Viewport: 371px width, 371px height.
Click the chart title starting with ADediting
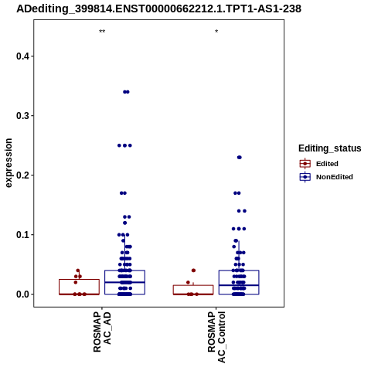(x=158, y=9)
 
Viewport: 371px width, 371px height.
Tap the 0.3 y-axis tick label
(x=22, y=116)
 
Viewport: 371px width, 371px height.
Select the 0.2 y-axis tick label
(x=22, y=175)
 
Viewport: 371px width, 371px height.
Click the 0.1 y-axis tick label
(x=22, y=235)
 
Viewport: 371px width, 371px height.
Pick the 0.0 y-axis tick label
(x=22, y=294)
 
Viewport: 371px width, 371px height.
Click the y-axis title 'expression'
(x=9, y=163)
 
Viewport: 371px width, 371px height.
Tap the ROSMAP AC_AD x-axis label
(x=102, y=332)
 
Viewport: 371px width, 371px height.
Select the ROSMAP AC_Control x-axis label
(x=216, y=337)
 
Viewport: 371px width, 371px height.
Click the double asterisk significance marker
(x=102, y=32)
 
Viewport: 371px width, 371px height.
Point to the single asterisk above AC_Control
(x=216, y=32)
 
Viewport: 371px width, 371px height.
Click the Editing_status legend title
(x=330, y=148)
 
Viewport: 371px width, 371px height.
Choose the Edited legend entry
(x=319, y=164)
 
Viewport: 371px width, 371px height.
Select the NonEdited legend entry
(x=326, y=177)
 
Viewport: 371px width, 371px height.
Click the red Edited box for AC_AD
(x=79, y=287)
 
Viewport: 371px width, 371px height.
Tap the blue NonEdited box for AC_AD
(x=124, y=282)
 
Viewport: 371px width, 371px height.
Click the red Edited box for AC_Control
(x=193, y=290)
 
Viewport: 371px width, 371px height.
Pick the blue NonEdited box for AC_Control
(x=239, y=282)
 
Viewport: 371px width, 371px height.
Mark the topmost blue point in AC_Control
(x=240, y=158)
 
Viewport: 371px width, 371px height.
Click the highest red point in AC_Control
(x=193, y=271)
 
